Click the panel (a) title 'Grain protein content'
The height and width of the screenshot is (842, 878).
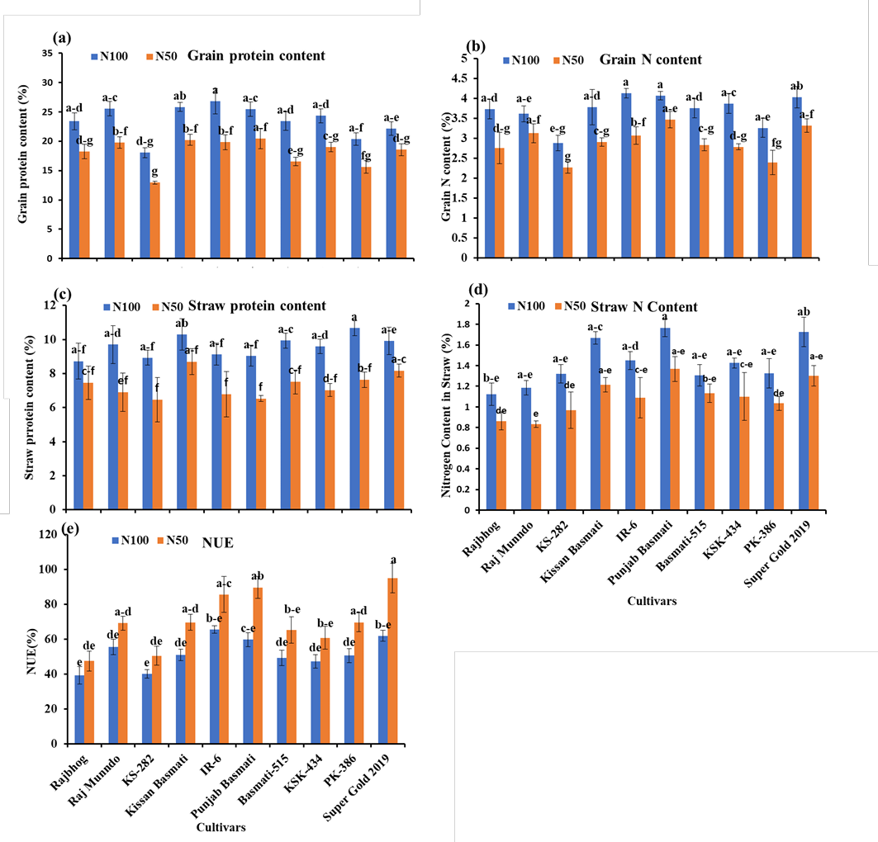[256, 56]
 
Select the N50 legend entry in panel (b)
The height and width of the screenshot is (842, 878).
[568, 60]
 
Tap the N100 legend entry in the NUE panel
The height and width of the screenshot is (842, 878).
[131, 541]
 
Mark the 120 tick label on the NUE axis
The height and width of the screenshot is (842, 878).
[48, 534]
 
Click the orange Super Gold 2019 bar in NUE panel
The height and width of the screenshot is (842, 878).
[392, 660]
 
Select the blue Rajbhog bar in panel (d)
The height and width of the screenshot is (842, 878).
[491, 452]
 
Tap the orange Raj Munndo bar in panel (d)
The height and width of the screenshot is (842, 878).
[536, 467]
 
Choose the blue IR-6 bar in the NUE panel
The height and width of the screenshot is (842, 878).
[214, 687]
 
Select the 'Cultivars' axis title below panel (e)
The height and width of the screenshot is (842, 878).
[221, 827]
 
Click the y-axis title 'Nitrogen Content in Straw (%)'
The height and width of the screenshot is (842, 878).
[446, 415]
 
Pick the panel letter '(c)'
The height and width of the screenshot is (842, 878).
[62, 295]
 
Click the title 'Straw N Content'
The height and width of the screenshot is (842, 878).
[644, 307]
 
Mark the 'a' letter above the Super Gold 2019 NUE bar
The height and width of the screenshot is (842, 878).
[393, 560]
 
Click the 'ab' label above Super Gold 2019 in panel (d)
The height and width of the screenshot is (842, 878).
[804, 312]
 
